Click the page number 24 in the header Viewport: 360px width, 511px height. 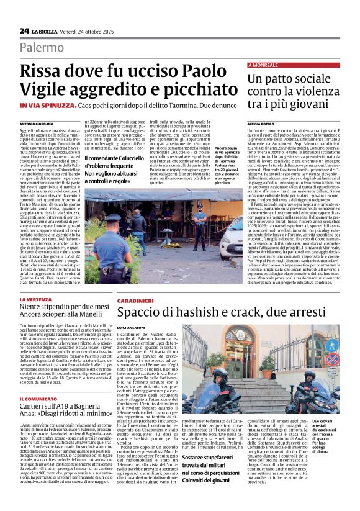coord(24,30)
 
